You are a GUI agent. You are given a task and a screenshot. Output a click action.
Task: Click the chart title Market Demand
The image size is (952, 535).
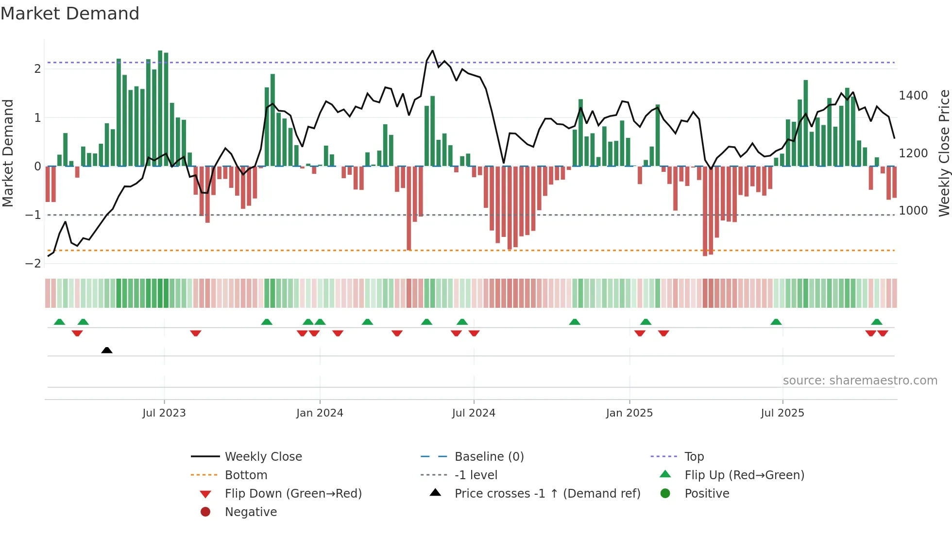coord(70,14)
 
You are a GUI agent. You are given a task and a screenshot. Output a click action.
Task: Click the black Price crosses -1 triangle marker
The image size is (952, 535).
coord(107,350)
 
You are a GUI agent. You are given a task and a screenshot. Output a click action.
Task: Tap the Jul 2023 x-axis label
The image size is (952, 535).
coord(164,413)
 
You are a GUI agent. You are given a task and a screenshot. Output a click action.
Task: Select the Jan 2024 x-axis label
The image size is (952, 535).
coord(320,413)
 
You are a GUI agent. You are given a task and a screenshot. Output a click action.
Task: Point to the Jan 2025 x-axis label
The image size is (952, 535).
coord(629,413)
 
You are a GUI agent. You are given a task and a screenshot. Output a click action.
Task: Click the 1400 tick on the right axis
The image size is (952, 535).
coord(913,96)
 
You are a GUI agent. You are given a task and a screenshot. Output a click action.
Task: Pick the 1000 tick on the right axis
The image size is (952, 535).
coord(913,211)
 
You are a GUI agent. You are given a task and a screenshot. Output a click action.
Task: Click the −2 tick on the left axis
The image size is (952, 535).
coord(34,264)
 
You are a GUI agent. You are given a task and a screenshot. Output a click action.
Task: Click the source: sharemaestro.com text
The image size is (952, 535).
coord(860,381)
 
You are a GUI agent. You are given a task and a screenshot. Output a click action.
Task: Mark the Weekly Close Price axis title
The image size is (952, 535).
coord(944,153)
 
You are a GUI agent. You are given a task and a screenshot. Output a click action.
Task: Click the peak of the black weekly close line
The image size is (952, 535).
coord(432,50)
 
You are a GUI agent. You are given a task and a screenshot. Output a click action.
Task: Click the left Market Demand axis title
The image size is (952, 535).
coord(8,153)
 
